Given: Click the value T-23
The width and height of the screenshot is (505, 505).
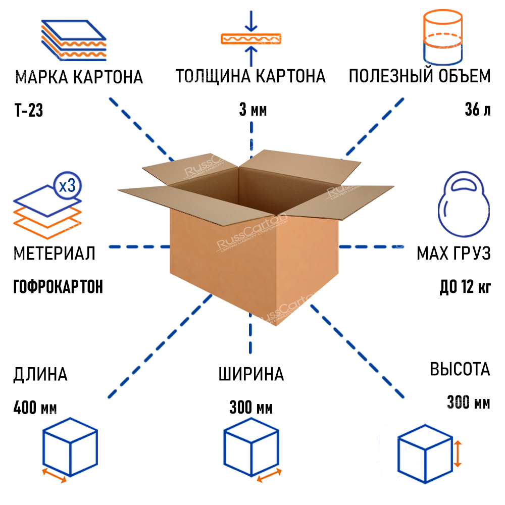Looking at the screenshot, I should (28, 110).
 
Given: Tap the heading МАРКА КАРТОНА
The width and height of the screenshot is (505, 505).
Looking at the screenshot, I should (79, 77).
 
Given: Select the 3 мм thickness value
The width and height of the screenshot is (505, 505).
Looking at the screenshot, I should (252, 110).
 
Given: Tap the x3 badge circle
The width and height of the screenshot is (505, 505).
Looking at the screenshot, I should (67, 186).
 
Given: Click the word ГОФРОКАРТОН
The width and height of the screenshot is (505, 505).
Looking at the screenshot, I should (58, 287).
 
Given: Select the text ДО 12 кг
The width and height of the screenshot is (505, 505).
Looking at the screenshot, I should (465, 287).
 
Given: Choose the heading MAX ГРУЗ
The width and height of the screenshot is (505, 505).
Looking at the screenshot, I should (453, 254).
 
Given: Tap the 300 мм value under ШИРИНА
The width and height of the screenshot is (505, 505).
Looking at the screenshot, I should (251, 407).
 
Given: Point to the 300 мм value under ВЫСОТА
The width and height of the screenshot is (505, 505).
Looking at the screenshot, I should (468, 402).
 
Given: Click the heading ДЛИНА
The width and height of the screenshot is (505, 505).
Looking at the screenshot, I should (40, 374).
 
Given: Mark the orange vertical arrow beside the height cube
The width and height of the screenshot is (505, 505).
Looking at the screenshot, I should (457, 453).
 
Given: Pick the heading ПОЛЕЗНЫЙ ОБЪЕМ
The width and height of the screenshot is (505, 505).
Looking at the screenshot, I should (419, 77).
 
